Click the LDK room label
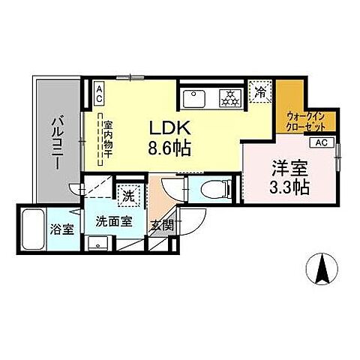click(174, 128)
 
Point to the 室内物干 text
click(107, 139)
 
